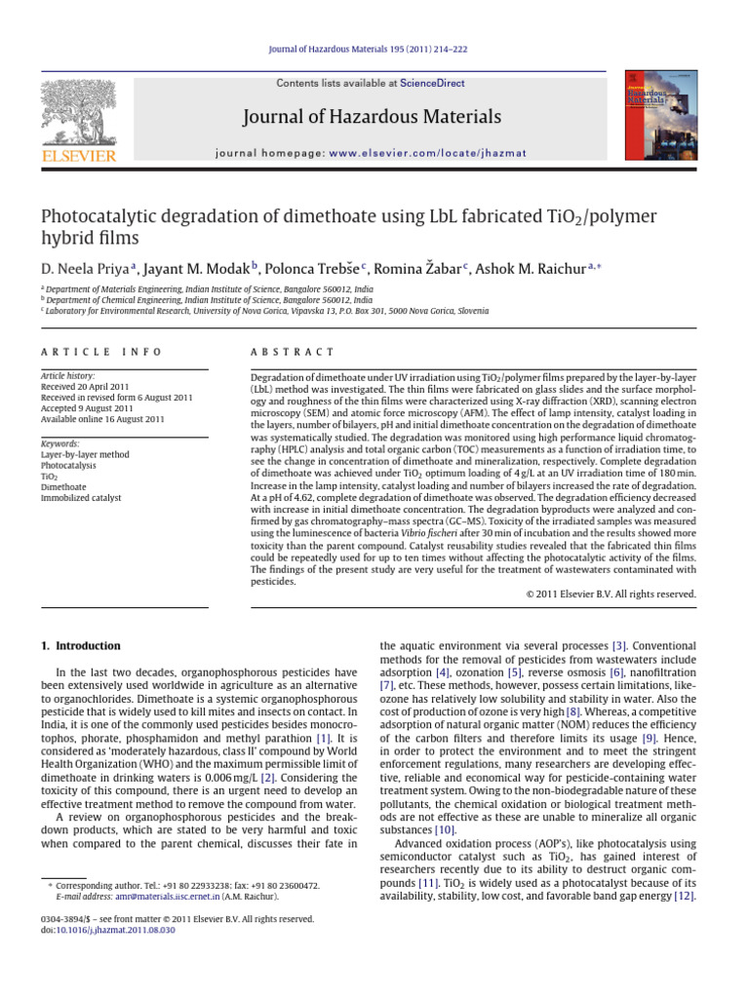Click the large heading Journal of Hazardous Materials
(373, 118)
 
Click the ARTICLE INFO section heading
(100, 352)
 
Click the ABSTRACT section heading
(293, 352)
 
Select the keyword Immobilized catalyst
(82, 497)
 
